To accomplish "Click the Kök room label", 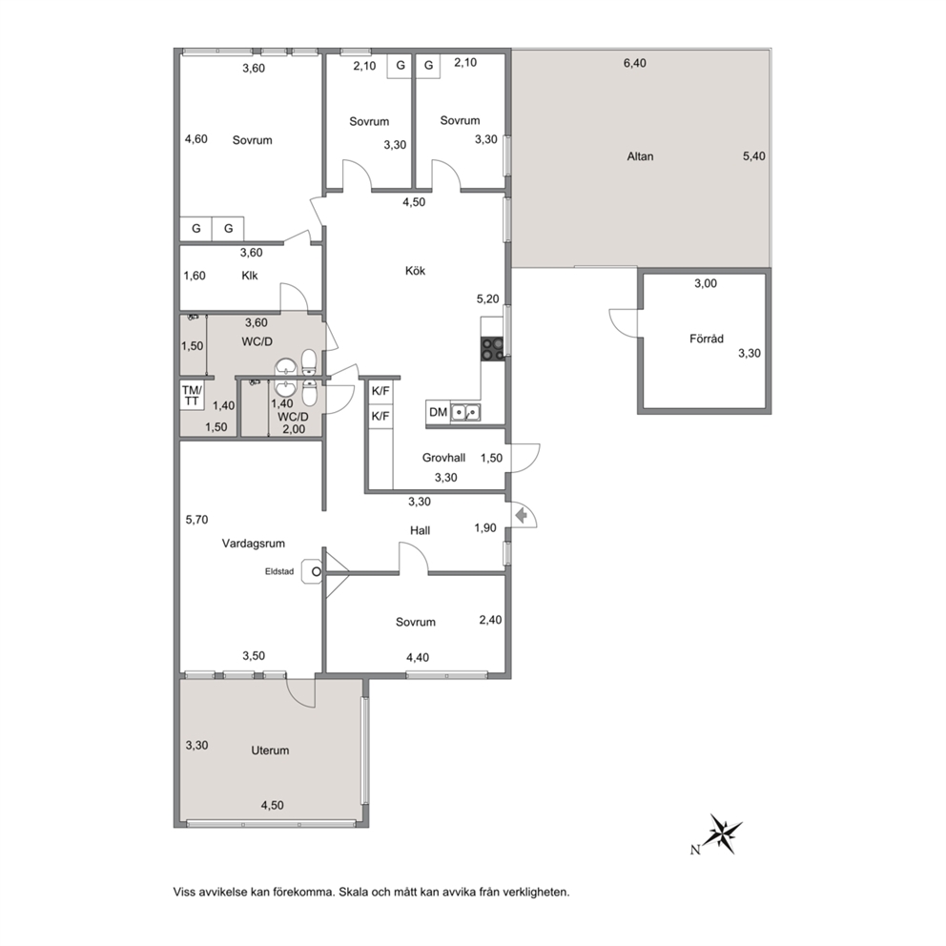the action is coord(415,271).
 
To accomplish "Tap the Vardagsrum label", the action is coord(254,544).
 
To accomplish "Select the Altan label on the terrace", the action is coord(640,156).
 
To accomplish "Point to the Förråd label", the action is coord(707,339).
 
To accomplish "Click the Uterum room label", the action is coord(270,751).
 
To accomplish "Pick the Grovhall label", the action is coord(443,458).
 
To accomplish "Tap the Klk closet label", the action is coord(249,276).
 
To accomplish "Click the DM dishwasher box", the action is coord(438,412).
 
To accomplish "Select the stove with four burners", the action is coord(493,349).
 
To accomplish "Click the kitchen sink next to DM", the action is coord(465,412).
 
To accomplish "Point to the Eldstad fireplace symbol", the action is coord(313,570).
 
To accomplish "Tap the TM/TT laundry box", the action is coord(193,395).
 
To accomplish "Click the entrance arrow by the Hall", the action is coord(522,515).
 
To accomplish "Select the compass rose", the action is coord(725,833).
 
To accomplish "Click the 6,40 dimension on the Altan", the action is coord(635,63).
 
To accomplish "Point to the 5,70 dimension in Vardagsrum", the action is coord(196,520).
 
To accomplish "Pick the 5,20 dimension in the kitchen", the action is coord(487,298).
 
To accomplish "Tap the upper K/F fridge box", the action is coord(380,392).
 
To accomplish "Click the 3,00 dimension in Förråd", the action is coord(706,283).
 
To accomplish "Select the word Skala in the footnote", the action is coord(353,892).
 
